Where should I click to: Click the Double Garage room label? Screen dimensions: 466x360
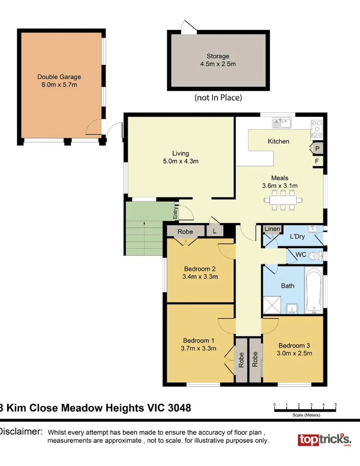coord(59,77)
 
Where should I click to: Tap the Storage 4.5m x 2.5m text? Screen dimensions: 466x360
coord(218,56)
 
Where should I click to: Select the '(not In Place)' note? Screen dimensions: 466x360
coord(218,98)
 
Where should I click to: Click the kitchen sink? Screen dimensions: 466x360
coord(282,123)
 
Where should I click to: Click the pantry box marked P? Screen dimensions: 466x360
coord(317,148)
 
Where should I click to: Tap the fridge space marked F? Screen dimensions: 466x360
coord(317,161)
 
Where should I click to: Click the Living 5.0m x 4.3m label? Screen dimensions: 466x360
coord(181,153)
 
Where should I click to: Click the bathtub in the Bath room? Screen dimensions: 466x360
coord(313,290)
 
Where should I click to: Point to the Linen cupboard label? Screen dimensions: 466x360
coord(272,229)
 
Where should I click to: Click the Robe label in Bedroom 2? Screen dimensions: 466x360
coord(185,232)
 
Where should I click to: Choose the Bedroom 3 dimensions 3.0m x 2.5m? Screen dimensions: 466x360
coord(294,353)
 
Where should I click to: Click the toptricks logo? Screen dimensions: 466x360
coord(324,440)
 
